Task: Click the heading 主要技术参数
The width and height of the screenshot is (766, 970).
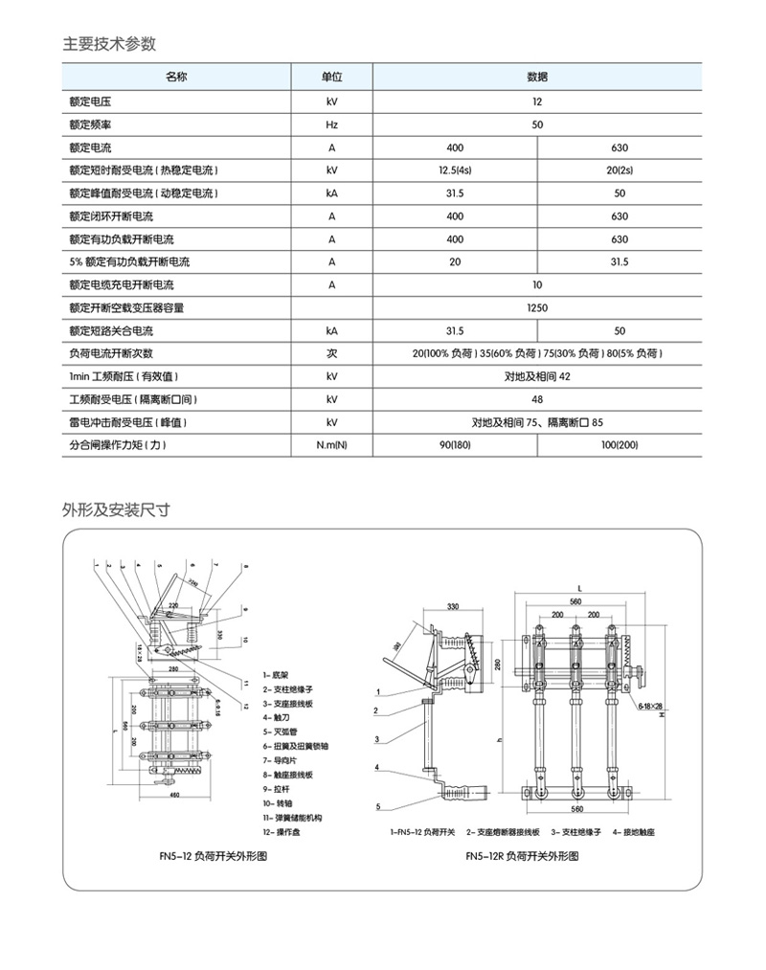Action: pos(109,44)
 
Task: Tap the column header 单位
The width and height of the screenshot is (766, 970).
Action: pos(331,76)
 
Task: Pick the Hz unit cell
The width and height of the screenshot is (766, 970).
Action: pos(331,124)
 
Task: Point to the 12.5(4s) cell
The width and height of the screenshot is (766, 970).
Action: pos(455,170)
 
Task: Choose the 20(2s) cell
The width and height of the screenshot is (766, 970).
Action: pos(620,170)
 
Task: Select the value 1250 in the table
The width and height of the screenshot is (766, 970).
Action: pos(537,308)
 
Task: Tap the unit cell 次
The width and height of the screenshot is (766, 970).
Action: pos(331,353)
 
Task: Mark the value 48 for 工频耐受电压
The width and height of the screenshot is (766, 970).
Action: pos(537,399)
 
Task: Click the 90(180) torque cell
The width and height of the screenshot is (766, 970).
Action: pos(455,445)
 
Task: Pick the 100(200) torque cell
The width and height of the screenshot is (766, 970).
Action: pos(620,445)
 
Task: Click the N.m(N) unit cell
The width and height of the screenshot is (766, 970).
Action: pos(331,445)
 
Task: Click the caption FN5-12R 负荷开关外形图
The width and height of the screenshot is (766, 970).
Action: pos(522,857)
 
